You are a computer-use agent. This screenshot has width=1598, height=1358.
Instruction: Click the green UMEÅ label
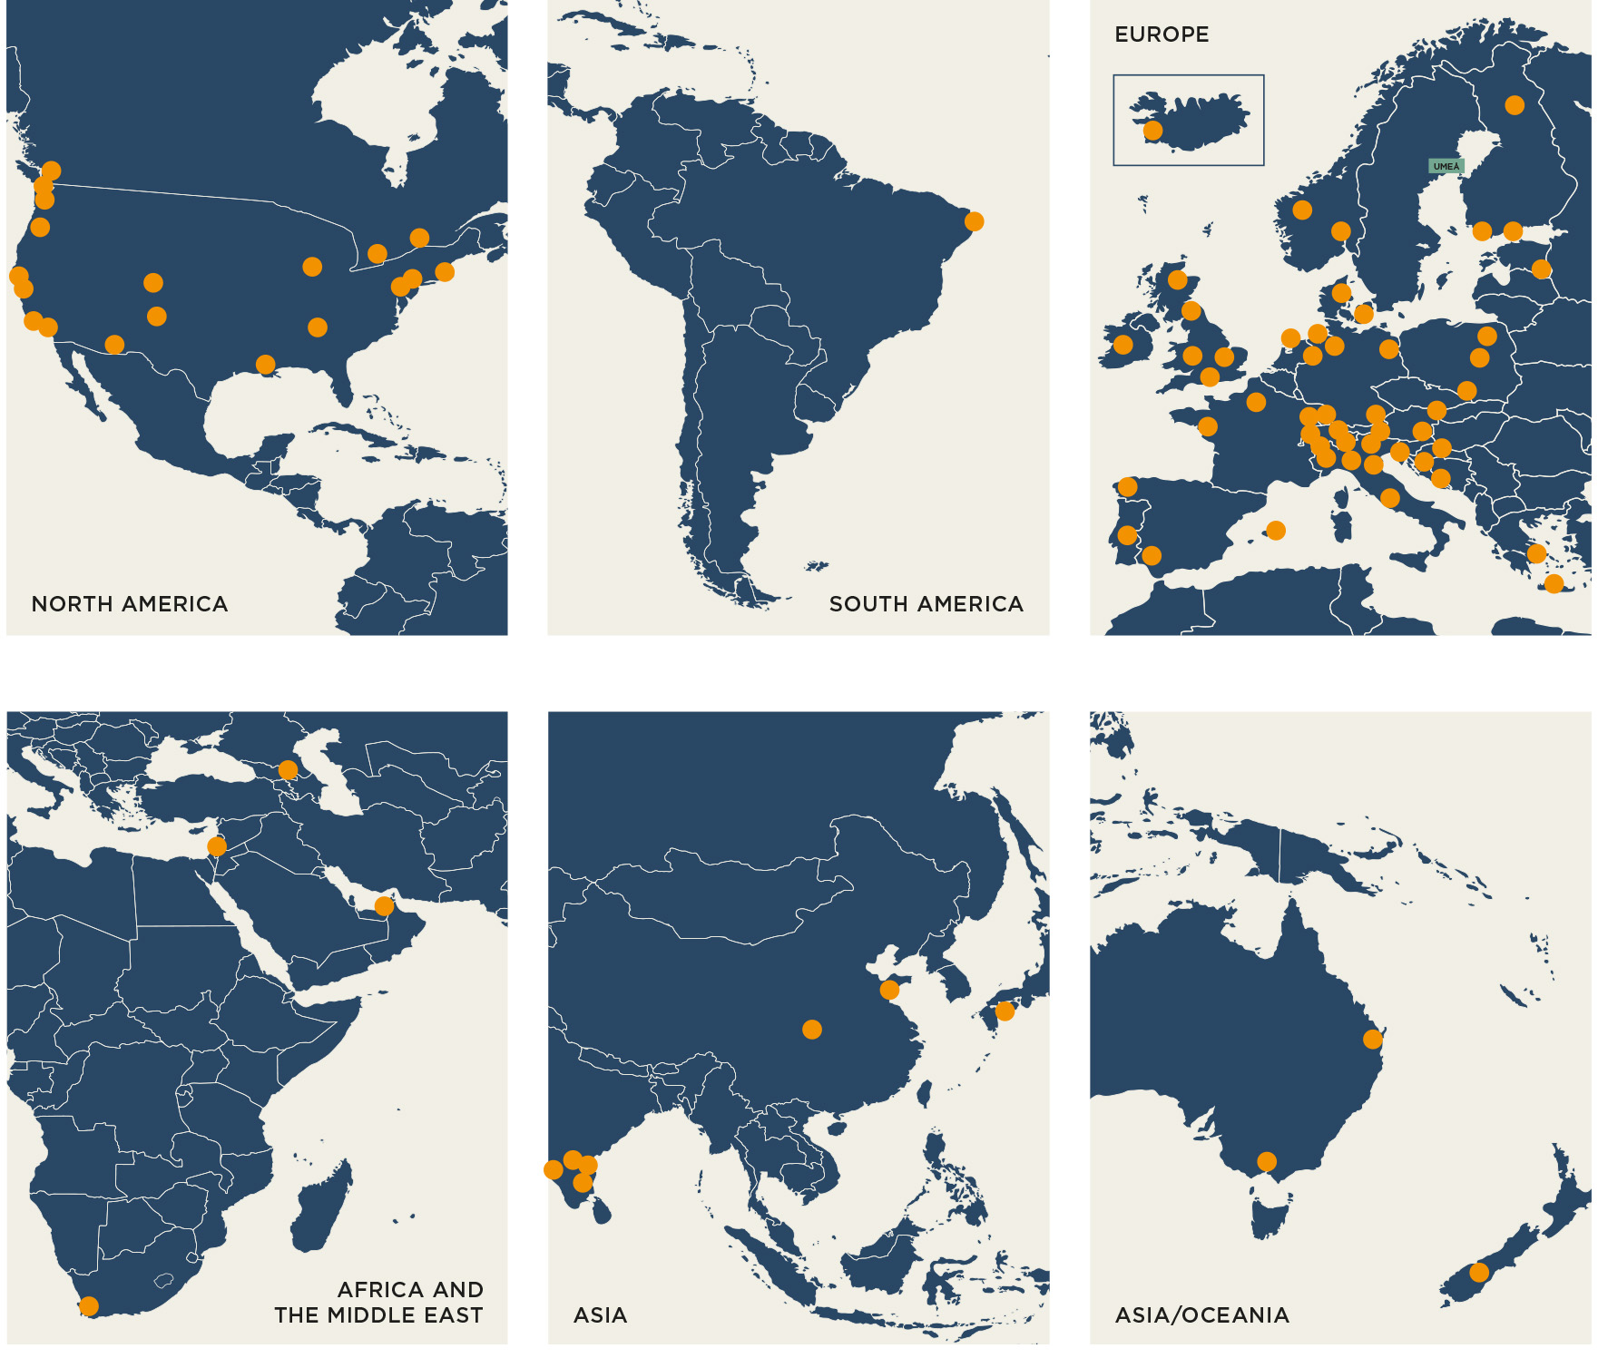click(1446, 166)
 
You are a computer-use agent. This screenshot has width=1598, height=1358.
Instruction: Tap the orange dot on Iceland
click(1152, 131)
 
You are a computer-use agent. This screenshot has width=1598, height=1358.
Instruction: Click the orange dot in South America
click(974, 221)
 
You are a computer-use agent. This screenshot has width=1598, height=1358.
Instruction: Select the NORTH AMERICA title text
click(130, 604)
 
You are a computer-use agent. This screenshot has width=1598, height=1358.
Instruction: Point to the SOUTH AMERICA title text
click(926, 604)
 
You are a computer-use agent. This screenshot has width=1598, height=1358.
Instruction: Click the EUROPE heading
click(1162, 34)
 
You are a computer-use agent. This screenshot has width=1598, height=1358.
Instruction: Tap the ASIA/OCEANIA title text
click(1201, 1315)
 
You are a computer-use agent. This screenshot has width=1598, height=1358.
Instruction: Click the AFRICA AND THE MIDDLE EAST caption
click(379, 1303)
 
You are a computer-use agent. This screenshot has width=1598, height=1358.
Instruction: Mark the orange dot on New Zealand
click(1479, 1272)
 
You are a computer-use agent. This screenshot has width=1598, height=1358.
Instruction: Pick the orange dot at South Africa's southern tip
click(89, 1306)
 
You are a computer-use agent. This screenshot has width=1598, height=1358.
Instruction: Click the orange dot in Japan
click(1005, 1011)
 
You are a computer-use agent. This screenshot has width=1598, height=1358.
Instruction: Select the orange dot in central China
click(812, 1029)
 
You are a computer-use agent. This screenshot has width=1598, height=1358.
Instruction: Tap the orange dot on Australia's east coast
click(1373, 1039)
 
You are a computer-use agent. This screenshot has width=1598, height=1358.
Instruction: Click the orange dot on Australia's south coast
click(1267, 1161)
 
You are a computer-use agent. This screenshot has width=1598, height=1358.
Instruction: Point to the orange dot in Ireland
click(1123, 345)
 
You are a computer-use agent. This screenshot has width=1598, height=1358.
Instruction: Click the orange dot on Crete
click(1554, 583)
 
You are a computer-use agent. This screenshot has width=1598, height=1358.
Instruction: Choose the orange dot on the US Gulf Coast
click(265, 365)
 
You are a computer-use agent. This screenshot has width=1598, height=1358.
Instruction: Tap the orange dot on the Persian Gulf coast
click(384, 906)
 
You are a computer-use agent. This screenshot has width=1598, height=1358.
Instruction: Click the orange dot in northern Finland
click(1515, 105)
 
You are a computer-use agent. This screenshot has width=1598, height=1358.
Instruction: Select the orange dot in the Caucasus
click(288, 770)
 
